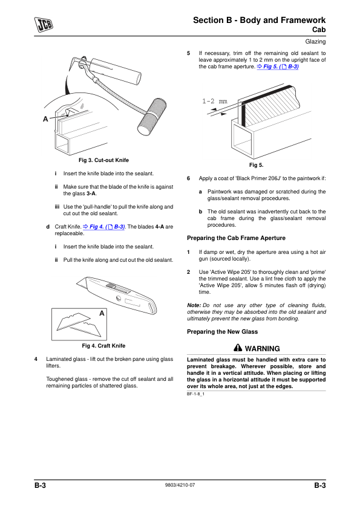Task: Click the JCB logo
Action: coord(44,25)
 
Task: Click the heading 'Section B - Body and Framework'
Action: coord(259,20)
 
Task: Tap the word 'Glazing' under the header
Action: coord(315,42)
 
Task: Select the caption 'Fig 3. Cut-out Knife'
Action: coord(103,160)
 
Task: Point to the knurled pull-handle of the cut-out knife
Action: coord(152,117)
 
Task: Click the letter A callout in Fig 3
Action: coord(45,119)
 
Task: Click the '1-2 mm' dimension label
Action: coord(215,101)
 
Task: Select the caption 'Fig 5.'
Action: coord(257,165)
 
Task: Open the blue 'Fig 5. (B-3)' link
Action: coord(278,66)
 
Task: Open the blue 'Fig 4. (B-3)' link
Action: coord(104,227)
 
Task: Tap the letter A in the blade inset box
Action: coord(102,313)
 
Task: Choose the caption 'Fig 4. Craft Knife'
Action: coord(103,346)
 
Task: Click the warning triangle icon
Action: coord(238,348)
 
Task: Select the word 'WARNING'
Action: coord(262,349)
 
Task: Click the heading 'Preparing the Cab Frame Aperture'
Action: coord(236,238)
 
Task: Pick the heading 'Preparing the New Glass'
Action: coord(222,332)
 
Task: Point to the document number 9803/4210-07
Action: coord(180,485)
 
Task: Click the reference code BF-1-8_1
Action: coord(195,394)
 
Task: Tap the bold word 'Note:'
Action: coord(194,305)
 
